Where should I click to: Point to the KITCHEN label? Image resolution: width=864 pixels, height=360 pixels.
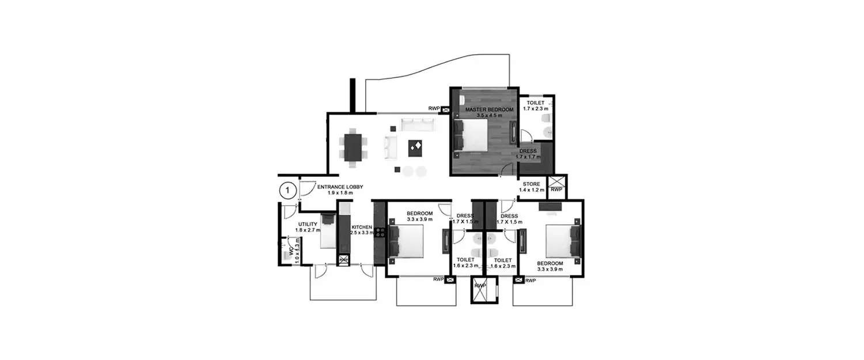[x=362, y=227]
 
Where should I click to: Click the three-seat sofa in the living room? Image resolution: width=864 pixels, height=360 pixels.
[x=417, y=124]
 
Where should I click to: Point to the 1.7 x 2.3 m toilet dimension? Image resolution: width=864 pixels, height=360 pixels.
[x=536, y=108]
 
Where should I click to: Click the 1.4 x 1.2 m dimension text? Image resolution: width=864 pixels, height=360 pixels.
[x=532, y=190]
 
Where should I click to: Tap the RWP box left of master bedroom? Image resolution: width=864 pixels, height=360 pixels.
[x=445, y=108]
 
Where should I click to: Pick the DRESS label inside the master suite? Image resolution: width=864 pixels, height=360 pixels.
[x=528, y=151]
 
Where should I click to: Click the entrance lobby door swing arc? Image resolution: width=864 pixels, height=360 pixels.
[x=308, y=188]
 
